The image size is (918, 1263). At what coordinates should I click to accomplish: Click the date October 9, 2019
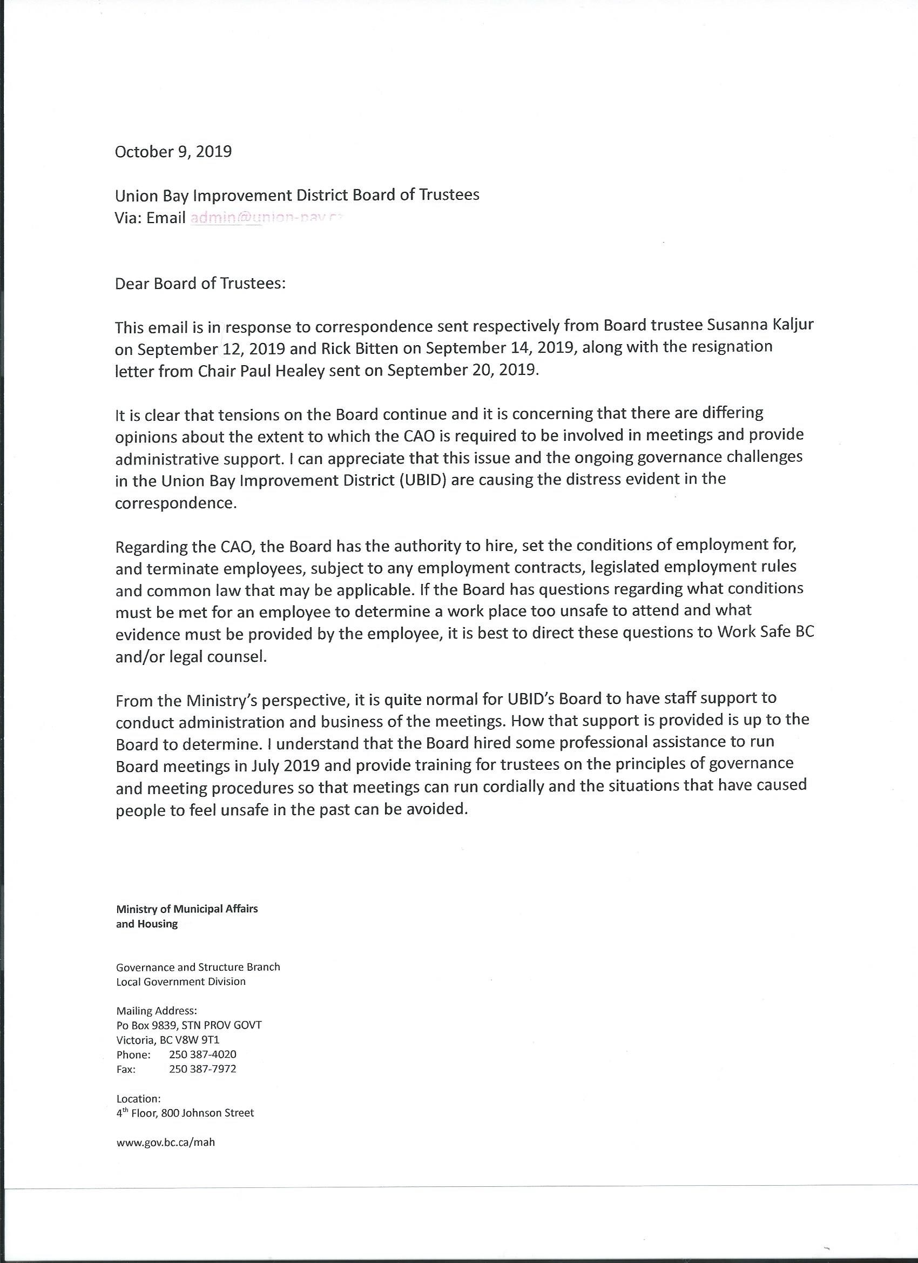click(173, 152)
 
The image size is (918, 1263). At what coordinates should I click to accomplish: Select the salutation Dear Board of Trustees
click(200, 284)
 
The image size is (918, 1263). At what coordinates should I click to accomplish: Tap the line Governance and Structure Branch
click(198, 968)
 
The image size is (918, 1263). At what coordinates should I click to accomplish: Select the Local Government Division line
click(180, 982)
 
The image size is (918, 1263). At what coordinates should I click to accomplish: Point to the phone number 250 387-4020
click(202, 1054)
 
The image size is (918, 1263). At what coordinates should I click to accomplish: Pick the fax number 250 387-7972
click(202, 1069)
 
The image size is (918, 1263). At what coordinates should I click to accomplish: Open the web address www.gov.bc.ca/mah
click(165, 1142)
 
